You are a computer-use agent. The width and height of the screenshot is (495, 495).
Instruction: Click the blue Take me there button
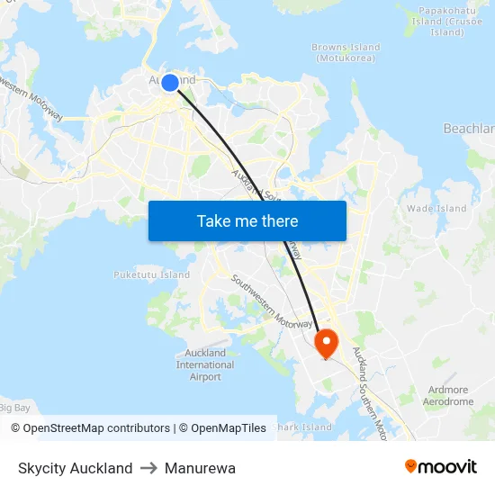247,220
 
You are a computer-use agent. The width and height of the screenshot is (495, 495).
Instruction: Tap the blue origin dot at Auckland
170,83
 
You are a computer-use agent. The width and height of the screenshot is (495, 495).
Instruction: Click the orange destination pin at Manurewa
325,342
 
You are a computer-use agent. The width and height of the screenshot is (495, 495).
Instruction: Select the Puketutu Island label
152,274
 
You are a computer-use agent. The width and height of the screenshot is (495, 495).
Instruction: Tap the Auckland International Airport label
205,364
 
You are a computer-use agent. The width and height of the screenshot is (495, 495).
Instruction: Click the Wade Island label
436,208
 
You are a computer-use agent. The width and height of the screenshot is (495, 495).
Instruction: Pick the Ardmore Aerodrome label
447,396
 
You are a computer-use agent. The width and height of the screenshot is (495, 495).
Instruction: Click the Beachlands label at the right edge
470,129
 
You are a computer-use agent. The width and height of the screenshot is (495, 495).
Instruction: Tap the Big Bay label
15,408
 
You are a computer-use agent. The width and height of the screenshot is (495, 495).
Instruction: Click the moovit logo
441,467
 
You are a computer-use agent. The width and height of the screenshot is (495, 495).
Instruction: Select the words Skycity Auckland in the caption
76,468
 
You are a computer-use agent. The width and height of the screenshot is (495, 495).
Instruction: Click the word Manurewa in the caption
200,468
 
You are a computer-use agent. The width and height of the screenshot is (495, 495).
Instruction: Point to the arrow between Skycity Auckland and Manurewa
148,468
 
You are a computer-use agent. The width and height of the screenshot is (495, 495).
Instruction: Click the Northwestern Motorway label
34,97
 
